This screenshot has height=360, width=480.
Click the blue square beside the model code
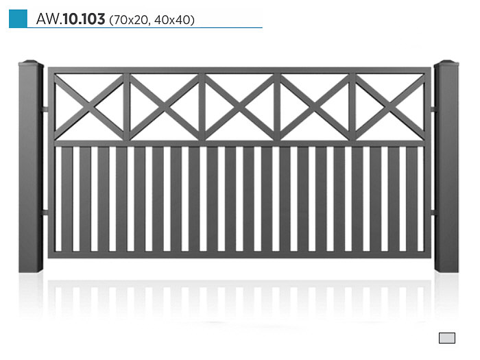pyautogui.click(x=18, y=19)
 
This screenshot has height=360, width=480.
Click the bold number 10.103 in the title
pyautogui.click(x=84, y=19)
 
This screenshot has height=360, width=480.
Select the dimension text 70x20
pyautogui.click(x=130, y=20)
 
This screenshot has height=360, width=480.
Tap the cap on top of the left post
pyautogui.click(x=31, y=63)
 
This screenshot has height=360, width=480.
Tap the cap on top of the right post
pyautogui.click(x=446, y=63)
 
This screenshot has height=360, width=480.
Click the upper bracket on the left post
pyautogui.click(x=45, y=109)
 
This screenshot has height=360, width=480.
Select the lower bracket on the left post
pyautogui.click(x=45, y=212)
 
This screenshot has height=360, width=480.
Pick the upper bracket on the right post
pyautogui.click(x=433, y=109)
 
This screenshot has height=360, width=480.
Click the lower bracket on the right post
pyautogui.click(x=433, y=212)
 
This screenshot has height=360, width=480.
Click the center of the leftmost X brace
pyautogui.click(x=89, y=107)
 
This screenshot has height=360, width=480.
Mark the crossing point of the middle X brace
pyautogui.click(x=240, y=107)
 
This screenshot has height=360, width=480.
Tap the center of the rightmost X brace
pyautogui.click(x=390, y=107)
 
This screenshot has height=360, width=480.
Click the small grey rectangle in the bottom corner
pyautogui.click(x=447, y=338)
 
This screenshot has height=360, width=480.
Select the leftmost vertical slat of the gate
pyautogui.click(x=67, y=199)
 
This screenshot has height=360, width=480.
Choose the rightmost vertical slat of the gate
pyautogui.click(x=411, y=199)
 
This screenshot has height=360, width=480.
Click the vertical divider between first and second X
pyautogui.click(x=127, y=107)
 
